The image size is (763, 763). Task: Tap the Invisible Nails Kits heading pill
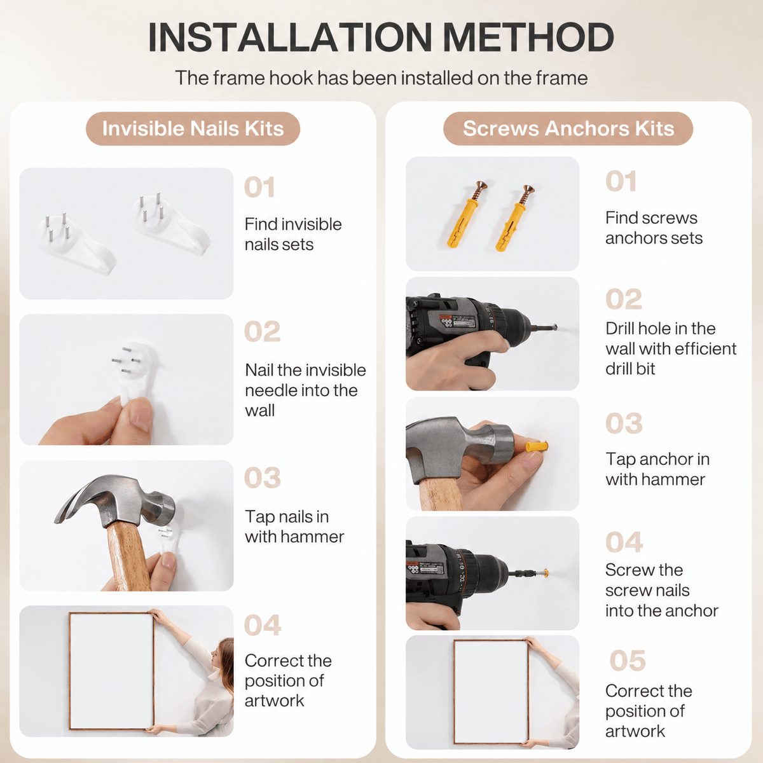coord(193,128)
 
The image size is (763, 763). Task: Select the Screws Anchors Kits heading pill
coord(568,128)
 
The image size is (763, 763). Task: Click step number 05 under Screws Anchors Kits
coord(627,661)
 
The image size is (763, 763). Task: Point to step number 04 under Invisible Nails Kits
coord(263,625)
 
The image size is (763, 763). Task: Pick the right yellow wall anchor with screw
coord(515,218)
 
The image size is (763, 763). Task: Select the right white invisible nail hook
coord(170,224)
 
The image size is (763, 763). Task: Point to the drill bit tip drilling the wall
coord(555,328)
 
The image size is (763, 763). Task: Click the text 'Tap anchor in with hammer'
coord(657,469)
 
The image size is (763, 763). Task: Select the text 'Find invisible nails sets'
coord(293,235)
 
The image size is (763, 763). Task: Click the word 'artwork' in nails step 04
coord(274,701)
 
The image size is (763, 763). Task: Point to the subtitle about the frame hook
coord(381,78)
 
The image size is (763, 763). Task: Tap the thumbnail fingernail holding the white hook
coord(141,419)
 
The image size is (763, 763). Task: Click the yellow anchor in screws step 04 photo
coord(545,573)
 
